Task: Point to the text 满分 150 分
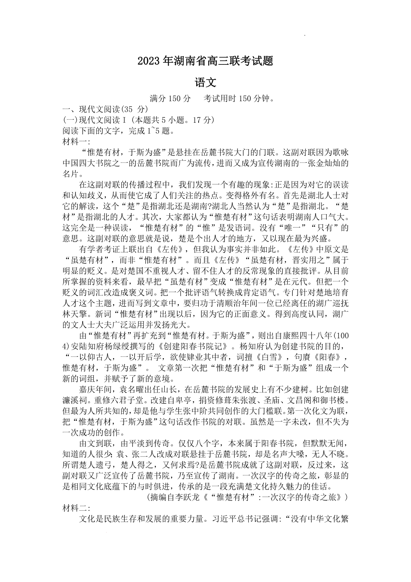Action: (x=170, y=99)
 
